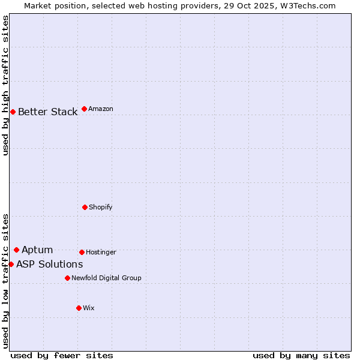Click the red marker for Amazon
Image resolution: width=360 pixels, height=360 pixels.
(x=84, y=109)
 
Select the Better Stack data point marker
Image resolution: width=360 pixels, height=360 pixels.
(x=13, y=112)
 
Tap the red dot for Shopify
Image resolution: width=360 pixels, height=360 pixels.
(x=85, y=207)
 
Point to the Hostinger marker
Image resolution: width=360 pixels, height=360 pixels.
(x=82, y=252)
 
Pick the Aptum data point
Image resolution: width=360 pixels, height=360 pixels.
(x=16, y=250)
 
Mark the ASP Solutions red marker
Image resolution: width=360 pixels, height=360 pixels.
(x=11, y=264)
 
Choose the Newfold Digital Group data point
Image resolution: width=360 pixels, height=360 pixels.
(x=67, y=278)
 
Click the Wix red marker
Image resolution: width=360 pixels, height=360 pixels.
(x=79, y=308)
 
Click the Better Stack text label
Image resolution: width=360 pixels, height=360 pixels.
(x=47, y=112)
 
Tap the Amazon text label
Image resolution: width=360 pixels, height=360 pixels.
(x=101, y=109)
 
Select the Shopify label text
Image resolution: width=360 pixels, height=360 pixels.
(x=101, y=207)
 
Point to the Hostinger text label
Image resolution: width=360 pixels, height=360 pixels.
(x=101, y=252)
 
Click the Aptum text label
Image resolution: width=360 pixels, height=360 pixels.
(x=37, y=250)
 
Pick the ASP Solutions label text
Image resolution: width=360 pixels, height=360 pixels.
(x=49, y=265)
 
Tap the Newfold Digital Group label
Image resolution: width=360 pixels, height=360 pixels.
(x=106, y=278)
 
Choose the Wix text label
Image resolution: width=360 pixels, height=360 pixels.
(x=89, y=308)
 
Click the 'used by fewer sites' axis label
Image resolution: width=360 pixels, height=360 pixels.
(x=62, y=355)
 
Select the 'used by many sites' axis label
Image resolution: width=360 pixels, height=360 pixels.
(x=301, y=355)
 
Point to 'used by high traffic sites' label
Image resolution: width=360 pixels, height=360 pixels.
(x=5, y=85)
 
